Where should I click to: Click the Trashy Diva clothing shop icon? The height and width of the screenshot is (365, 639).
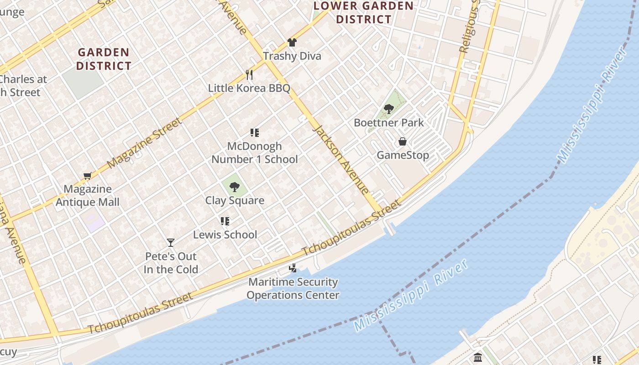(x=292, y=42)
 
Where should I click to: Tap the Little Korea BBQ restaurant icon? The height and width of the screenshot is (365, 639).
(x=249, y=74)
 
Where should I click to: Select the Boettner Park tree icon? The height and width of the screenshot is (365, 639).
(x=389, y=109)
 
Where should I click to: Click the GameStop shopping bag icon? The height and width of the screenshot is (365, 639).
(x=403, y=141)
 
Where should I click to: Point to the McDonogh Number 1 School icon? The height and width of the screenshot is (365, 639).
(x=255, y=133)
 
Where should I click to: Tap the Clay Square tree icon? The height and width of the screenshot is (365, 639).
(x=235, y=187)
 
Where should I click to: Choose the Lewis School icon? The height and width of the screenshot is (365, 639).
(x=225, y=221)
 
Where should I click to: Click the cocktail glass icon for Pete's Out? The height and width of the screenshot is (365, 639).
(x=171, y=243)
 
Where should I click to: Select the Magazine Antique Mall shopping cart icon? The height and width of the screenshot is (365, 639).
(x=88, y=176)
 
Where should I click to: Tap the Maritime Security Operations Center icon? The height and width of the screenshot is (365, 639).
(x=293, y=268)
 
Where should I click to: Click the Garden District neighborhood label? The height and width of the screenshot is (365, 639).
(x=104, y=59)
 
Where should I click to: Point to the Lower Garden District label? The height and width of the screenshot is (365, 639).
(x=363, y=13)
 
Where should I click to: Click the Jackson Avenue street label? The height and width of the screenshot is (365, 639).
(x=340, y=160)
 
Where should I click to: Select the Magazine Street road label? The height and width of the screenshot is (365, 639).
(x=145, y=143)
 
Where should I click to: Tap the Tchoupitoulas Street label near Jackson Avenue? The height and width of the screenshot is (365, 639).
(x=352, y=227)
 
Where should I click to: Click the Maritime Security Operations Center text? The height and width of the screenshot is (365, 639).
(x=293, y=288)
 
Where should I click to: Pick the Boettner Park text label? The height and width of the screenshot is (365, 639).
(x=389, y=123)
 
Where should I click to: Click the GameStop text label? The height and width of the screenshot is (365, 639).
(x=403, y=155)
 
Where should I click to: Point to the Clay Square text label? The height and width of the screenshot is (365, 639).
(x=235, y=200)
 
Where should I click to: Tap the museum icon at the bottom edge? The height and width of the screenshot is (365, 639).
(x=478, y=357)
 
